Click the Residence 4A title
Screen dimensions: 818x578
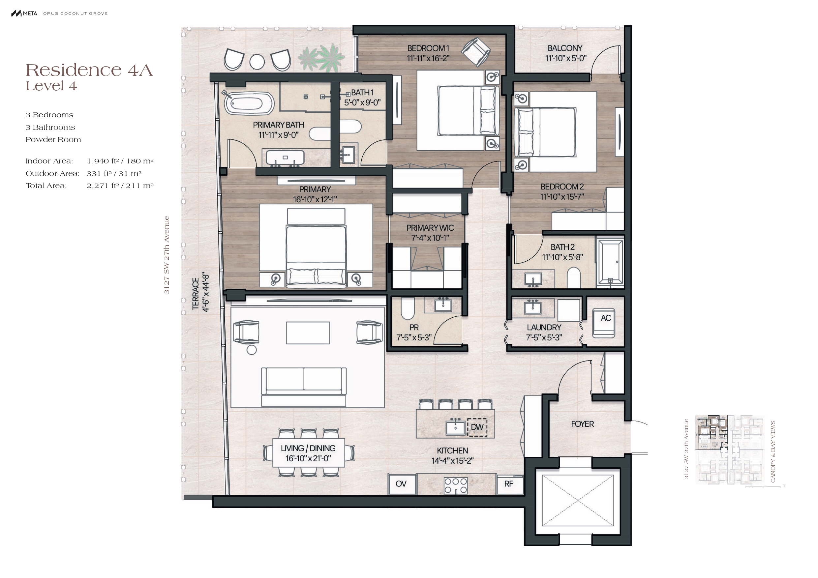(89, 70)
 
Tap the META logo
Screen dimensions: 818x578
(24, 14)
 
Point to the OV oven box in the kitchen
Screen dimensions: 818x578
(402, 484)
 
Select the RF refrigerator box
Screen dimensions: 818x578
(509, 484)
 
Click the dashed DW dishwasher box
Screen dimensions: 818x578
(477, 427)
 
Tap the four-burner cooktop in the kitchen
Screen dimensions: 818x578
(456, 486)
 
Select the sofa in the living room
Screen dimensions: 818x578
(304, 387)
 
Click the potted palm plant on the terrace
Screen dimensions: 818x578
(321, 57)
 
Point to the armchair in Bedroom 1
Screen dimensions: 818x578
(476, 52)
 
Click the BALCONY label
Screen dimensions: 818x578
(565, 48)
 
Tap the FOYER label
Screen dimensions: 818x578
(583, 424)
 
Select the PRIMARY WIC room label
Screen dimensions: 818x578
(430, 228)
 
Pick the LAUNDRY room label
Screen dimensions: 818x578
(544, 328)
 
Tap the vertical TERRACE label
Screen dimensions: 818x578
(196, 294)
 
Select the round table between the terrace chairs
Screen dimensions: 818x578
(257, 62)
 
